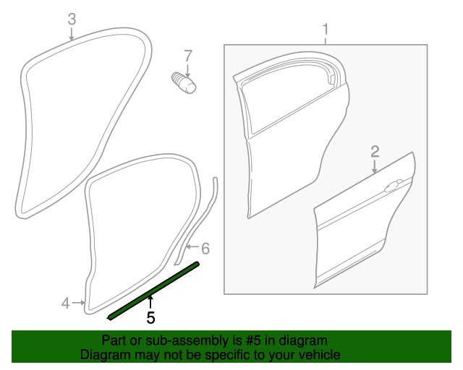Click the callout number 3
(72, 19)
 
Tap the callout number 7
(188, 56)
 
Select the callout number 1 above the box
(326, 30)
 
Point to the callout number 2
(375, 151)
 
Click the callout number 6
(205, 249)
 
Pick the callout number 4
(65, 304)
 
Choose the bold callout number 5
(150, 318)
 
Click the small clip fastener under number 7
(184, 83)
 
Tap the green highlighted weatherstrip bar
(153, 291)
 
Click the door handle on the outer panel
(393, 186)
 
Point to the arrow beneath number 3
(71, 34)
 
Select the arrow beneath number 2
(375, 166)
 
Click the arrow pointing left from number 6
(193, 246)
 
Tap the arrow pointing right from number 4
(79, 303)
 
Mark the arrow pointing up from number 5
(150, 302)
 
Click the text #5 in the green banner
(254, 341)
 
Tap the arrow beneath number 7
(187, 71)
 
